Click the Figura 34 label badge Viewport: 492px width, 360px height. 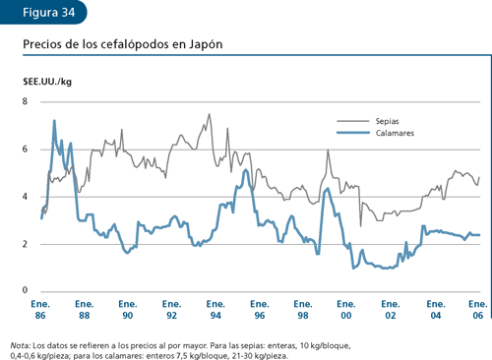pos(44,13)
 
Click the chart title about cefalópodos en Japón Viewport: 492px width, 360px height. pos(121,45)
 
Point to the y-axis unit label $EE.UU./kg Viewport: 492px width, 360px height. pos(47,81)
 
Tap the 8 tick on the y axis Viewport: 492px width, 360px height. pos(26,102)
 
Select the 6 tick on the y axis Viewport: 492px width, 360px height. pos(26,150)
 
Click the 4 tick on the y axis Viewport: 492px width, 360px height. pos(26,197)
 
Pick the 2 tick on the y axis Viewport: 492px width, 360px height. pos(26,244)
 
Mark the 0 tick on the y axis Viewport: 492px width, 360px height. pos(26,291)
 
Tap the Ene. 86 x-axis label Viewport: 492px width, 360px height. pos(41,314)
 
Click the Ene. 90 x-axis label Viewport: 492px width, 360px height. pos(128,314)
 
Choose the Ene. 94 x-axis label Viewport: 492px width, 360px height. pos(215,314)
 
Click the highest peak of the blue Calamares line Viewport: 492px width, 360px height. pos(54,121)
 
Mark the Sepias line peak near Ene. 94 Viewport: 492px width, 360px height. pos(209,114)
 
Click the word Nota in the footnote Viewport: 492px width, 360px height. pos(19,345)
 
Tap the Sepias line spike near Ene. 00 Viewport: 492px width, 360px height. pos(328,150)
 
